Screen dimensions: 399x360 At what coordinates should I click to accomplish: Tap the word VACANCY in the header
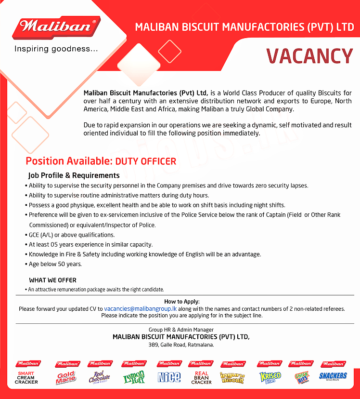point(309,56)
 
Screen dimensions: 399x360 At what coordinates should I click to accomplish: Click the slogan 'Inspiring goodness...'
point(56,49)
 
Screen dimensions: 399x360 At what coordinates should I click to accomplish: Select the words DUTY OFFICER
point(146,161)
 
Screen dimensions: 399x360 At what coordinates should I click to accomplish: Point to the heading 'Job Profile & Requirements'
point(74,175)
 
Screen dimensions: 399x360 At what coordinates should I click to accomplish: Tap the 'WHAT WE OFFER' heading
point(52,280)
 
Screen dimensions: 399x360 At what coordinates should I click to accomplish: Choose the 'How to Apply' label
point(181,301)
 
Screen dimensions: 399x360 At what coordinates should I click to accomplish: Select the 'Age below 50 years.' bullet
point(55,264)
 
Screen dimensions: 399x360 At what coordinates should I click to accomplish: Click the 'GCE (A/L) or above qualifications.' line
point(71,235)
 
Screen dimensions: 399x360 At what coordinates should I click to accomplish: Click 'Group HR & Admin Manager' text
point(181,330)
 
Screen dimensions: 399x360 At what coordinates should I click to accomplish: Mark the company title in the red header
point(244,27)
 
